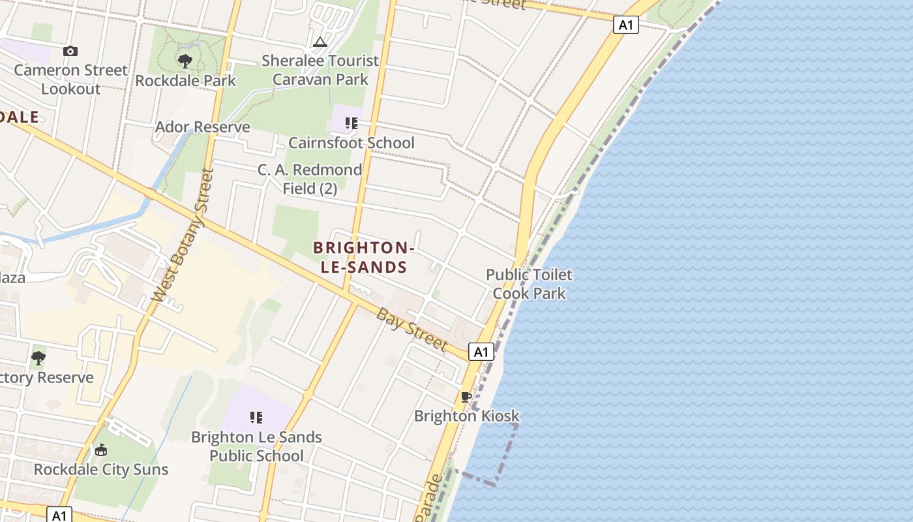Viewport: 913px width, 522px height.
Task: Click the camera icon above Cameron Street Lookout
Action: pos(70,51)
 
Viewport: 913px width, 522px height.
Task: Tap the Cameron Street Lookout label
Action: pos(70,80)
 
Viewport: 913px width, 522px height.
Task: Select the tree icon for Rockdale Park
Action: pos(185,61)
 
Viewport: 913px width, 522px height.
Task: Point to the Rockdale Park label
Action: pos(185,81)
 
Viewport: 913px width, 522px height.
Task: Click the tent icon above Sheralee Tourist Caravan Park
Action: pos(320,42)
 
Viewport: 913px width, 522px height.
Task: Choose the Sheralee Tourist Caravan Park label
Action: pos(320,70)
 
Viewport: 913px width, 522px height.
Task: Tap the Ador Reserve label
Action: pos(202,127)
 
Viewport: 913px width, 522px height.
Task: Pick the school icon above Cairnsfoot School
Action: pos(352,123)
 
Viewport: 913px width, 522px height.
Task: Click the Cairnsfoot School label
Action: pos(352,143)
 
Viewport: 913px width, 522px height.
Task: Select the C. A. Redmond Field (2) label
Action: pos(310,179)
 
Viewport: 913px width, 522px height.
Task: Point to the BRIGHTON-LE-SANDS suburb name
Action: pos(364,257)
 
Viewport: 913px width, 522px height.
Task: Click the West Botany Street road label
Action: pos(183,235)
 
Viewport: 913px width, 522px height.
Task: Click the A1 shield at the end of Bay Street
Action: pos(481,352)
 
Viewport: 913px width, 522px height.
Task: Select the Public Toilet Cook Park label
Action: pos(529,284)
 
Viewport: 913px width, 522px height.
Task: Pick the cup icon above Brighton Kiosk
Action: pos(466,397)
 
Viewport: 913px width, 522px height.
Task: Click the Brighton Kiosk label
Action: pos(466,416)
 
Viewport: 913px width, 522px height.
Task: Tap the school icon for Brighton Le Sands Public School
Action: pos(256,417)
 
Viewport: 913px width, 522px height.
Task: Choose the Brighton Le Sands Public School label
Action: pos(256,446)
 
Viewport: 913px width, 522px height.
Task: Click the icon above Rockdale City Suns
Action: pos(101,450)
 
